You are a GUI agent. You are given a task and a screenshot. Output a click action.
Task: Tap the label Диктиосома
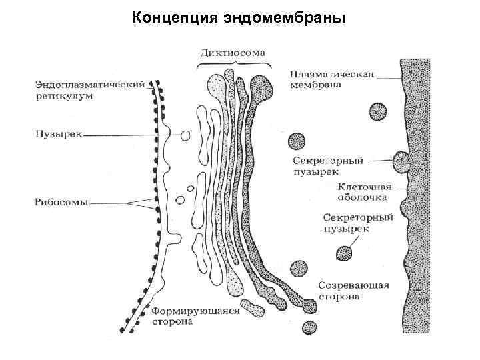233,51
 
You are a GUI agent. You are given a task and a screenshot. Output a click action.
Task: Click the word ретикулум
64,95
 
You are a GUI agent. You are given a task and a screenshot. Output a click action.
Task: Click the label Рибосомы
61,200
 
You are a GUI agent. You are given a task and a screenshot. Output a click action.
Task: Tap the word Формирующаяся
194,310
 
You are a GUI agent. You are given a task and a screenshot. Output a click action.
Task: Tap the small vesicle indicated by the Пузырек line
185,135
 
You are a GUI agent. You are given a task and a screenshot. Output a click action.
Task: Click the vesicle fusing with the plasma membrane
402,161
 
